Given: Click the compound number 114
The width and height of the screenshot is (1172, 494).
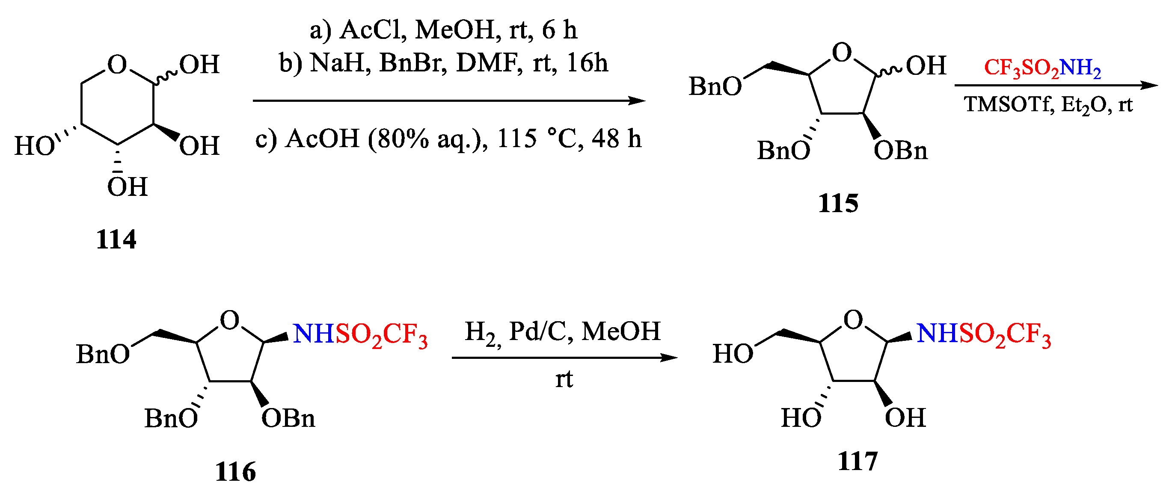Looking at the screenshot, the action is pyautogui.click(x=116, y=240).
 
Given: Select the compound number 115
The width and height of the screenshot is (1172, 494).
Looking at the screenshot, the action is pyautogui.click(x=838, y=203).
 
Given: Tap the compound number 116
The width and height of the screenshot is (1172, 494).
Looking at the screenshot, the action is pyautogui.click(x=235, y=472).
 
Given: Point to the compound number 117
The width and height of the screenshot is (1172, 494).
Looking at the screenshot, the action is pyautogui.click(x=857, y=461).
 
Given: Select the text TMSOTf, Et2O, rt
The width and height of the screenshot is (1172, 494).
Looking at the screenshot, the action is pyautogui.click(x=1048, y=105).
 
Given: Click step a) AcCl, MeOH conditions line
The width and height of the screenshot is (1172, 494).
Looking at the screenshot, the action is pyautogui.click(x=443, y=30).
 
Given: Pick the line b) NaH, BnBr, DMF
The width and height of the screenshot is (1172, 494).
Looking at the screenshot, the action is pyautogui.click(x=443, y=63).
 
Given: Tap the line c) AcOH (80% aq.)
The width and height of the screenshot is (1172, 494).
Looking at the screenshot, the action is pyautogui.click(x=448, y=138).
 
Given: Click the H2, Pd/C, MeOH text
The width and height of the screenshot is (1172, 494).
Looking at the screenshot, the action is pyautogui.click(x=562, y=331).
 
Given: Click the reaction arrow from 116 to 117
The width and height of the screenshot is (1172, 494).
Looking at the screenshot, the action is pyautogui.click(x=564, y=358).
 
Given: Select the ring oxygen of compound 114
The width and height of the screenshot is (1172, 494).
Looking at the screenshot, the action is pyautogui.click(x=117, y=64).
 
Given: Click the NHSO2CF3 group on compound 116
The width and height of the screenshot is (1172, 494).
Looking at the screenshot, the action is pyautogui.click(x=360, y=335).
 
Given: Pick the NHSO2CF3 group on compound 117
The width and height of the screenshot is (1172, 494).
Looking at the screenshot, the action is pyautogui.click(x=983, y=335).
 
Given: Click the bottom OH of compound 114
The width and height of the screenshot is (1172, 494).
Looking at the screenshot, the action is pyautogui.click(x=128, y=186).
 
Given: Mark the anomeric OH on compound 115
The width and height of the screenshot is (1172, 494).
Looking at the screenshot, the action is pyautogui.click(x=926, y=65).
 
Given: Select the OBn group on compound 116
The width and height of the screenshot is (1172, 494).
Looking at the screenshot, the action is pyautogui.click(x=288, y=418).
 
